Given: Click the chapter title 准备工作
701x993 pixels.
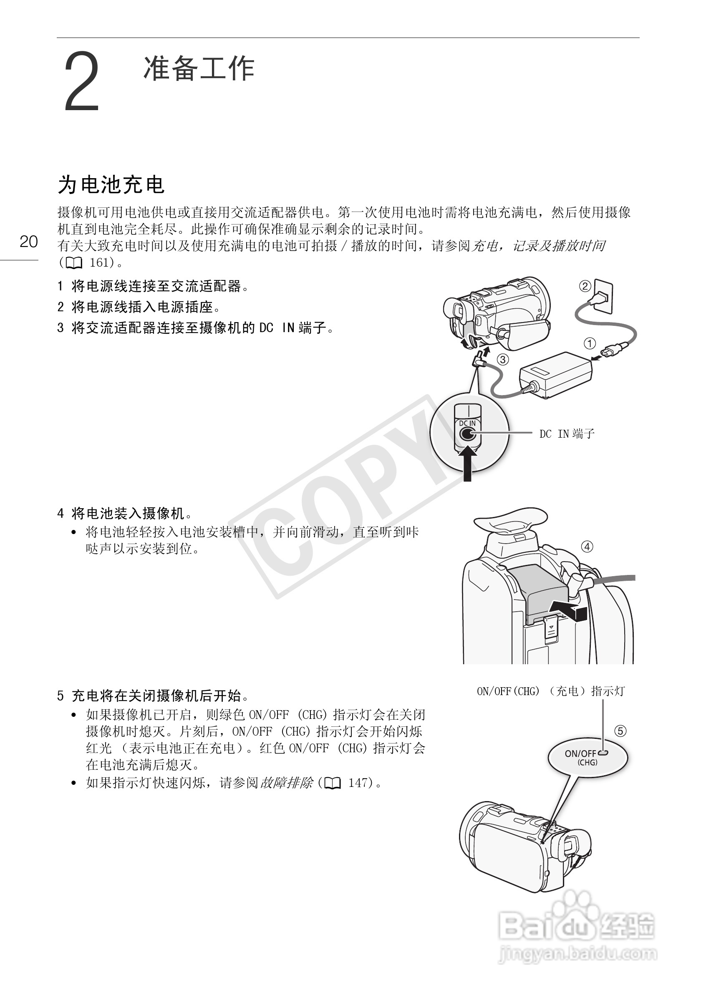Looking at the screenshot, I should [x=199, y=68].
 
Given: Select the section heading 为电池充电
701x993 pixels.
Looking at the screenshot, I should [x=111, y=185].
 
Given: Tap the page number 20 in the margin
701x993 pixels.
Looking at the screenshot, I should [x=28, y=242].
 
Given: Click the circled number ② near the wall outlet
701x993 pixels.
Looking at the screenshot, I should [x=585, y=286].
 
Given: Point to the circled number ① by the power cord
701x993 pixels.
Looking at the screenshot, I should [x=590, y=343].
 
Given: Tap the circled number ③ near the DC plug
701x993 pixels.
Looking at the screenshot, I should [x=502, y=359].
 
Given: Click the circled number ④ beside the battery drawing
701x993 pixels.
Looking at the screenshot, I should [x=586, y=547].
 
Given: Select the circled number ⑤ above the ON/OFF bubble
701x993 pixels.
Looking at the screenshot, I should [x=620, y=731].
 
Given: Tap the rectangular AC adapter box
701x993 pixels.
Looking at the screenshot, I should [x=556, y=374].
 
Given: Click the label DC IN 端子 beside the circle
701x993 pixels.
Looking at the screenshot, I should [x=567, y=434].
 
